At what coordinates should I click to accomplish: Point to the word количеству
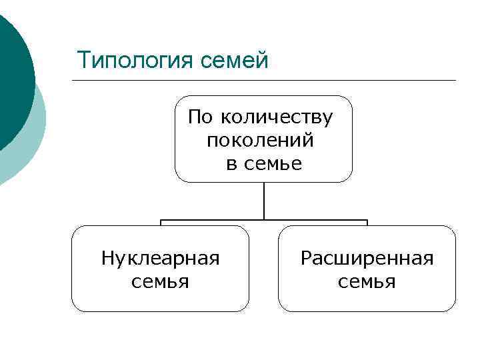[276, 118]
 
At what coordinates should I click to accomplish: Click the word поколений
[261, 141]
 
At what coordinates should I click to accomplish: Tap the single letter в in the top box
[231, 163]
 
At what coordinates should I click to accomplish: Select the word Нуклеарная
[160, 258]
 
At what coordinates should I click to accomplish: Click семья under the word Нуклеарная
[160, 281]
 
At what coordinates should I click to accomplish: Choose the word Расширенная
[367, 258]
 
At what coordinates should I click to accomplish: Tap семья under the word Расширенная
[367, 281]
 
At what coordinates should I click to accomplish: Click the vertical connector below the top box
[264, 200]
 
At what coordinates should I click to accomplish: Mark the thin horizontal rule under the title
[267, 81]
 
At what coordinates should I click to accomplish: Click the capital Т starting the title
[83, 60]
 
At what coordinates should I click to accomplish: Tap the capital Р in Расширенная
[305, 258]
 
